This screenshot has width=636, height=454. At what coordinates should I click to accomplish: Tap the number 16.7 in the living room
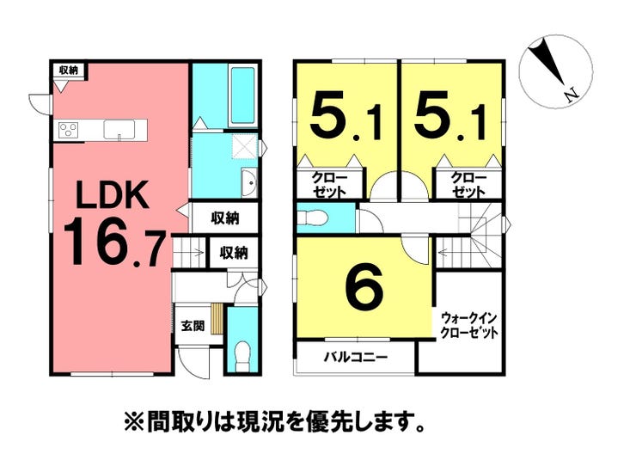[114, 247]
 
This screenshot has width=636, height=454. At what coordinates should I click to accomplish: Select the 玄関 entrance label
[193, 326]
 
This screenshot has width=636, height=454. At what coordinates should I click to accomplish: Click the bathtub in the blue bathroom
[242, 96]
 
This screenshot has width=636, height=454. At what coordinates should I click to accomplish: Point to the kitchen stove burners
[69, 130]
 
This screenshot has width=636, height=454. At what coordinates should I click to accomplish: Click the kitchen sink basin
[119, 130]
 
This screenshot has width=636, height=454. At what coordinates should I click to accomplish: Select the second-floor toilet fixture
[312, 218]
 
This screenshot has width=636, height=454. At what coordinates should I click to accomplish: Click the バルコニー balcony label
[356, 358]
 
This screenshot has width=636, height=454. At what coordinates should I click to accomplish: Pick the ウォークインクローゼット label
[468, 324]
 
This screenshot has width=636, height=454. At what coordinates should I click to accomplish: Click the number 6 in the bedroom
[364, 287]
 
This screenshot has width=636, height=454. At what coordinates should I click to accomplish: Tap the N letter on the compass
[572, 95]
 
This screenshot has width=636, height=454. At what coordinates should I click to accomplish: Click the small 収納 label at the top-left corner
[68, 70]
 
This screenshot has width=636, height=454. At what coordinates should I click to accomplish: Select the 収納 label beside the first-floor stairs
[234, 253]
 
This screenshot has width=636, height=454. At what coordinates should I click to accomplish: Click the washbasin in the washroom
[249, 183]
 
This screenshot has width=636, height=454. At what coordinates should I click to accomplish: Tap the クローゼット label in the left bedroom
[329, 185]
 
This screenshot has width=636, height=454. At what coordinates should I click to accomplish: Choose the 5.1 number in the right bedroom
[449, 115]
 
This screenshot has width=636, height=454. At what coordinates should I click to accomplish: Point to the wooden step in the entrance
[217, 319]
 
